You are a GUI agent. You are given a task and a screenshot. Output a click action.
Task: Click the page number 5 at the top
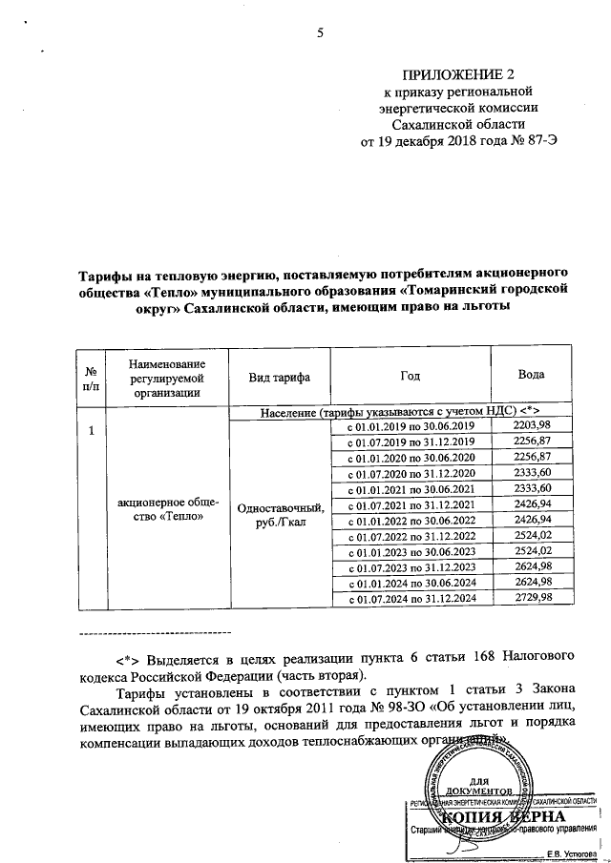(321, 34)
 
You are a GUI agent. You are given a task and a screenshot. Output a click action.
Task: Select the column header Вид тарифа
(279, 379)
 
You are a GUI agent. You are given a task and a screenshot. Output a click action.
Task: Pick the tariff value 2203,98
(532, 424)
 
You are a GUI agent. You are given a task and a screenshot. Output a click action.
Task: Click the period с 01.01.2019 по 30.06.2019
(410, 425)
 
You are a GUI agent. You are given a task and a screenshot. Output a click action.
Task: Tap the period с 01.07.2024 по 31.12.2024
(410, 597)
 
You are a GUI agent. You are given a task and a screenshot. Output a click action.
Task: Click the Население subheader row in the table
(401, 409)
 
